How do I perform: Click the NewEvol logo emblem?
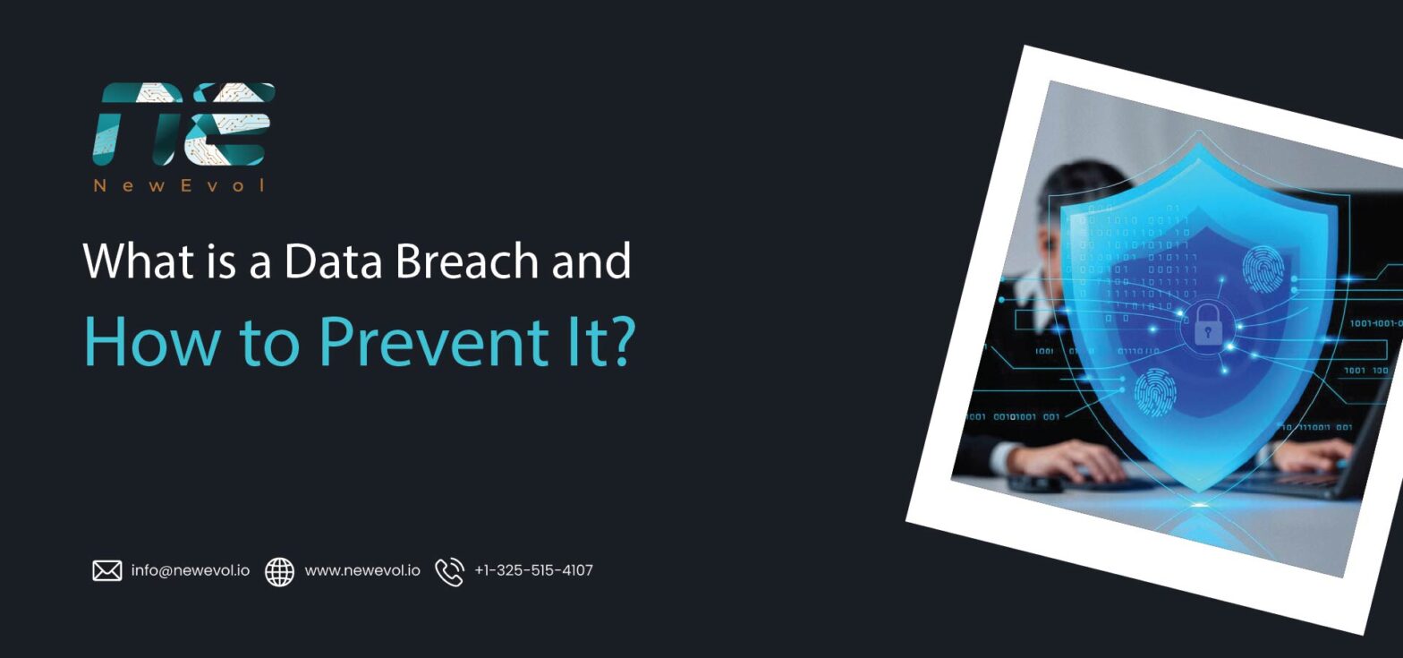(183, 124)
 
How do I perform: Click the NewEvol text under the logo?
(180, 186)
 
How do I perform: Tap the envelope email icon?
(107, 570)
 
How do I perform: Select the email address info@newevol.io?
(191, 570)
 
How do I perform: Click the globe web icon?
(279, 571)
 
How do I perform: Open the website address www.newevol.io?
(362, 570)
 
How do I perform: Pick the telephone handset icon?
(449, 571)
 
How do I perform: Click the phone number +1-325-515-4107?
(533, 570)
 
